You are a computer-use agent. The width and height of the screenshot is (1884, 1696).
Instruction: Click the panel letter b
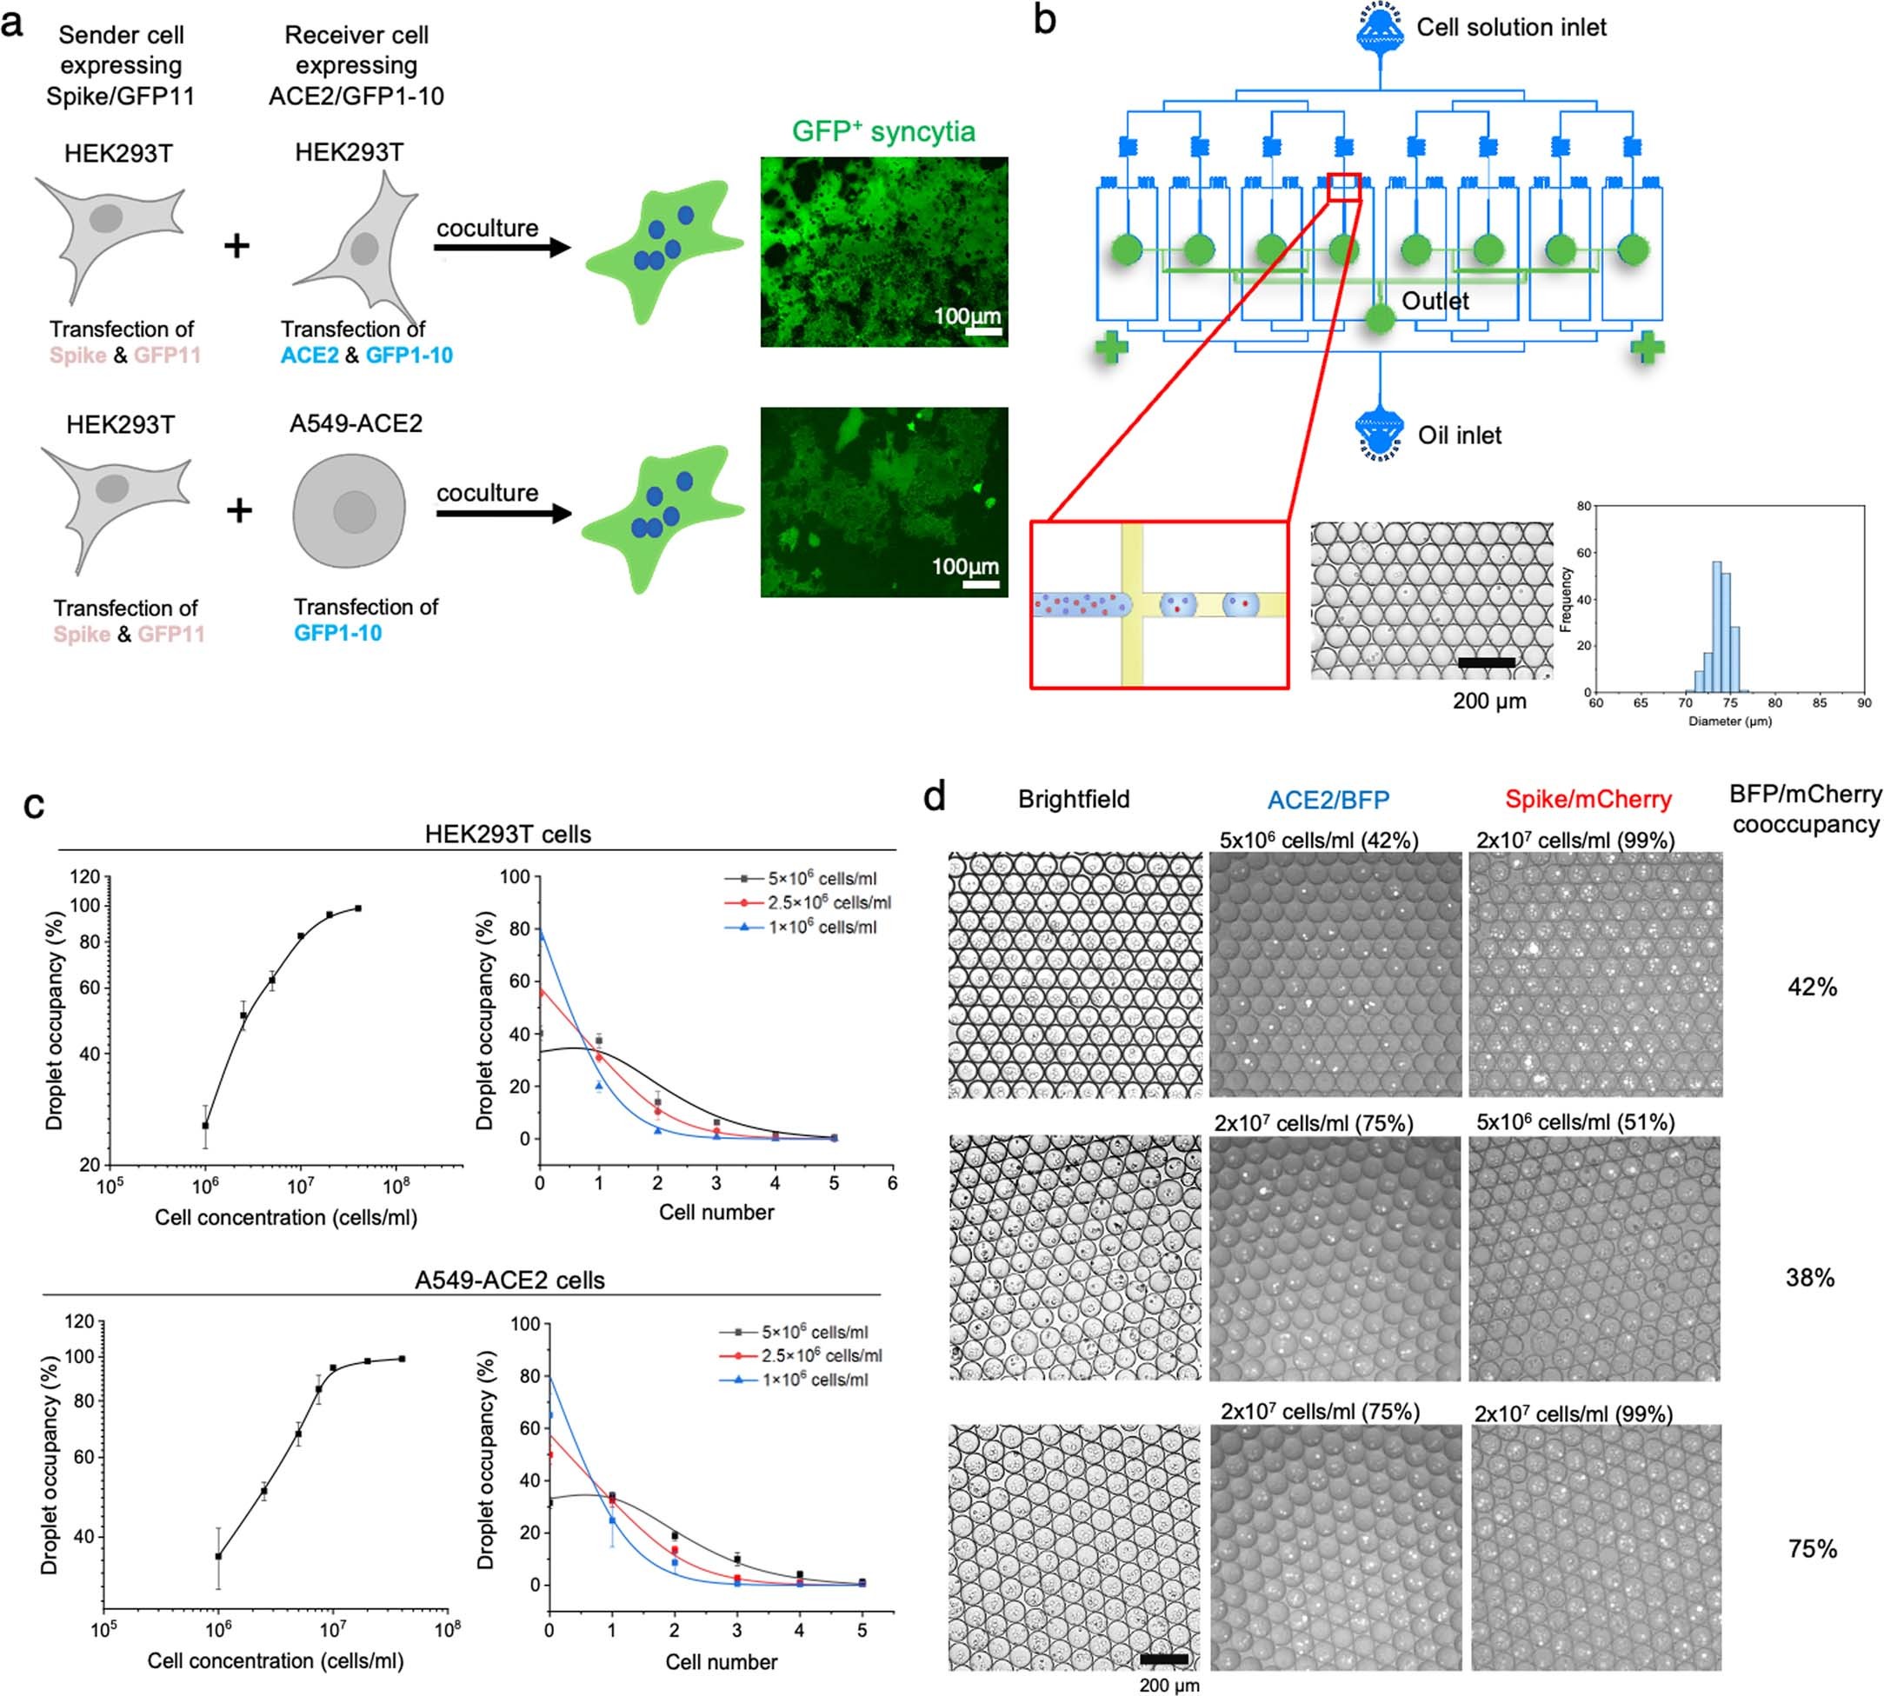pos(1045,21)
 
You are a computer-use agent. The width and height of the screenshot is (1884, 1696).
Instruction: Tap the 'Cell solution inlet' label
pos(1510,28)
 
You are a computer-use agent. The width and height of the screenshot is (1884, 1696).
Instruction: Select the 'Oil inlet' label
pos(1459,436)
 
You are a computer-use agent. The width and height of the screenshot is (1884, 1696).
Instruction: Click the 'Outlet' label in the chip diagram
pos(1435,301)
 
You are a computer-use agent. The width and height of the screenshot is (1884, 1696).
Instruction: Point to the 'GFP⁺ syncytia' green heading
pos(883,131)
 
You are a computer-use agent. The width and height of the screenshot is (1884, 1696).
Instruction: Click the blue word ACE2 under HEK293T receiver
pos(310,355)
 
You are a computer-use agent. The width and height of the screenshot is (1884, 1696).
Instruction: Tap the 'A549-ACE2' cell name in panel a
pos(356,424)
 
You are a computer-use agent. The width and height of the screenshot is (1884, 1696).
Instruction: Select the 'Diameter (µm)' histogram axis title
pos(1729,722)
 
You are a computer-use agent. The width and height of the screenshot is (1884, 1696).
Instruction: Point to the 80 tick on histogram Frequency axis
pos(1583,506)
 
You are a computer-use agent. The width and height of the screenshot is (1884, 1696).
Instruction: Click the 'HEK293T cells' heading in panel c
pos(508,834)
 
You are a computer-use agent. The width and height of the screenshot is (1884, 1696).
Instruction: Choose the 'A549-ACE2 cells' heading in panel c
pos(509,1280)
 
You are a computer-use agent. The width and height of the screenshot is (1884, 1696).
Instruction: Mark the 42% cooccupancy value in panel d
pos(1811,987)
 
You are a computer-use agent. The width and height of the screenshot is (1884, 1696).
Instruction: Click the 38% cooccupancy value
pos(1809,1278)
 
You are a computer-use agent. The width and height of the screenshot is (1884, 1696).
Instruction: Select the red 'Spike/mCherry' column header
pos(1588,800)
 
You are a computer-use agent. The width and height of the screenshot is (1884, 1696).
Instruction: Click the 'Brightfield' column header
pos(1074,800)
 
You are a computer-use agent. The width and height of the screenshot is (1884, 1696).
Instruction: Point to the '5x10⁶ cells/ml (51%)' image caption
pos(1574,1122)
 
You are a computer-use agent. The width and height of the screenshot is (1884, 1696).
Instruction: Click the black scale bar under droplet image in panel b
pos(1485,662)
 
